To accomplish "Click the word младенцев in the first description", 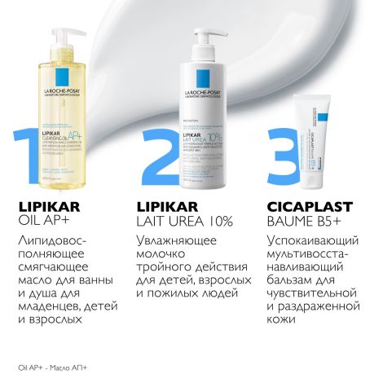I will tap(47, 307).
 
